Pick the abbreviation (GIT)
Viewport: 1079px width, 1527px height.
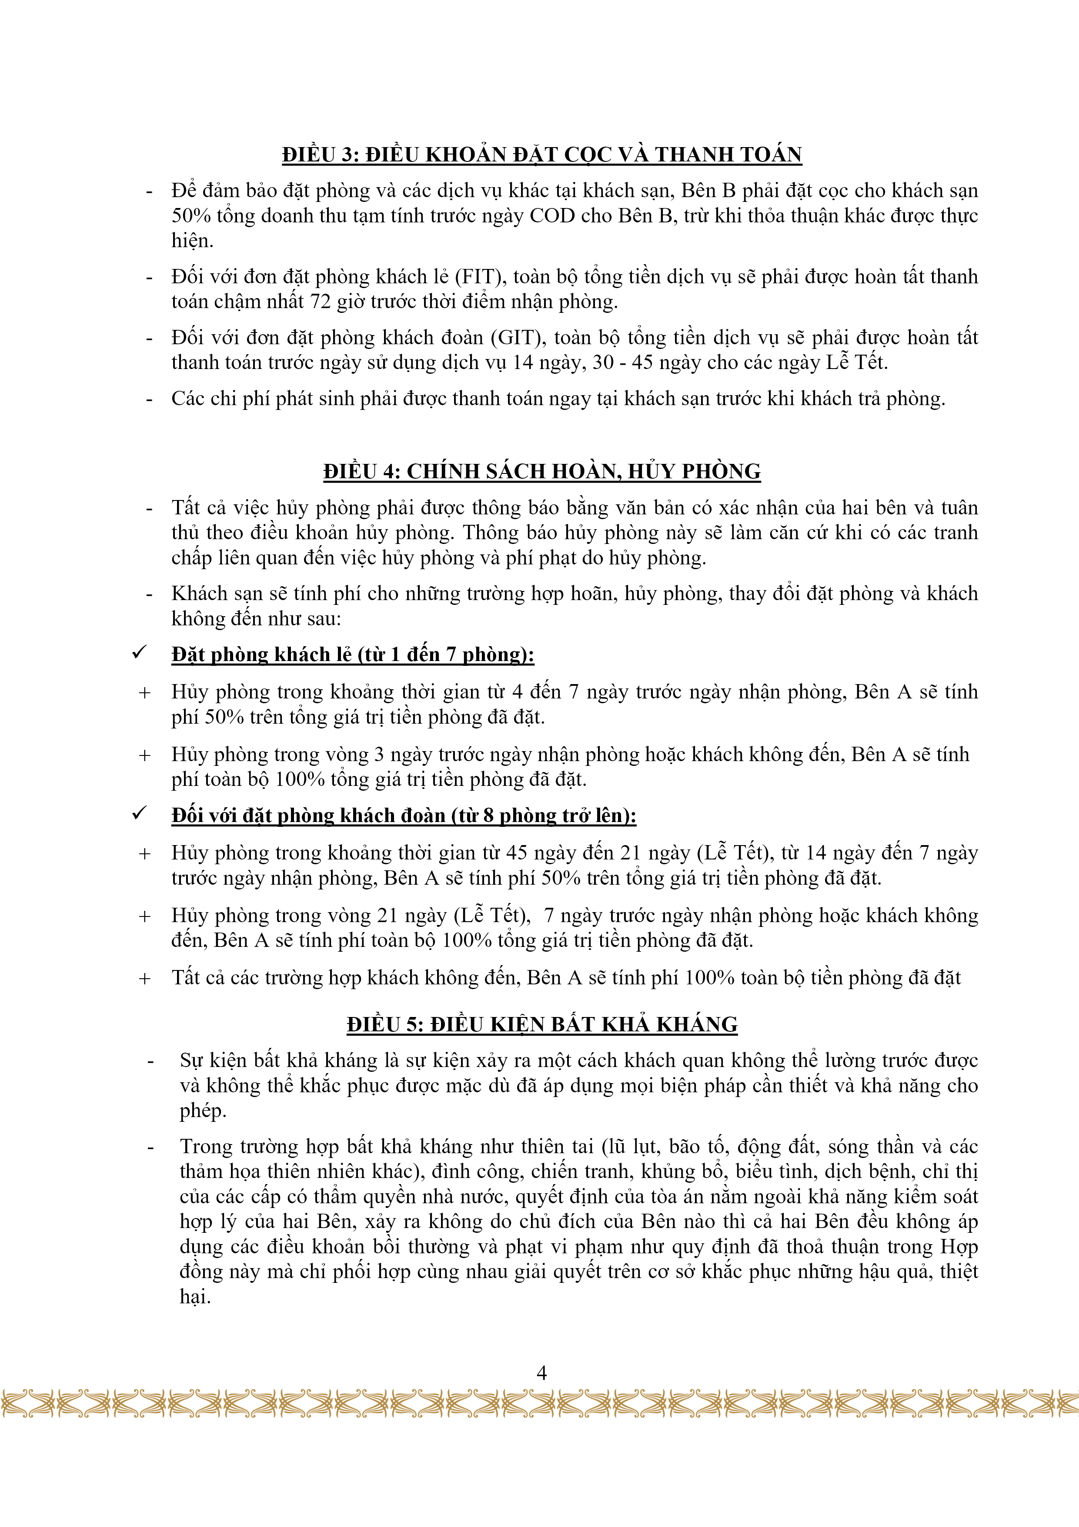click(516, 338)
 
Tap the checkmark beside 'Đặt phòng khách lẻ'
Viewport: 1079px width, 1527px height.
click(140, 653)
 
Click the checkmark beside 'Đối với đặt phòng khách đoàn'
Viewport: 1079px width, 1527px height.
click(140, 814)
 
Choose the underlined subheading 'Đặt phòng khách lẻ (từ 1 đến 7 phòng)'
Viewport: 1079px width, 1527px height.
click(352, 655)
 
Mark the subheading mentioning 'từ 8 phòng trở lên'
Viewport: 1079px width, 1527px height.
click(404, 816)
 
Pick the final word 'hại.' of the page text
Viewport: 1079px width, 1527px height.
click(195, 1297)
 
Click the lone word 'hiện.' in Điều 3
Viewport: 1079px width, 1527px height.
click(192, 241)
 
